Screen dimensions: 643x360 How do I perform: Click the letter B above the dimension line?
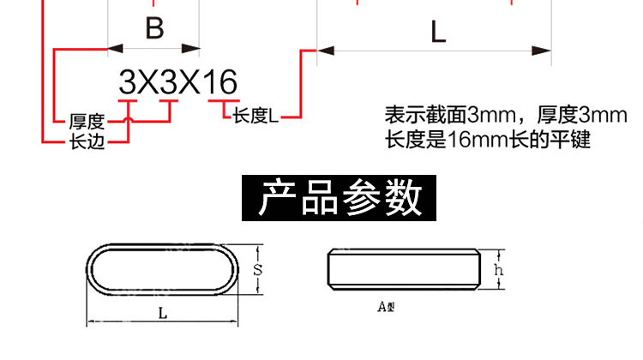pyautogui.click(x=154, y=29)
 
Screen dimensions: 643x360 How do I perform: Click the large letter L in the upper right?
pyautogui.click(x=438, y=33)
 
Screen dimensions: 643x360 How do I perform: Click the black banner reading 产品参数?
pyautogui.click(x=340, y=198)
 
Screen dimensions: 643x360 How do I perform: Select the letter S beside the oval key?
pyautogui.click(x=257, y=270)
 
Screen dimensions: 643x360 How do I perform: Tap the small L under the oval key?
pyautogui.click(x=163, y=314)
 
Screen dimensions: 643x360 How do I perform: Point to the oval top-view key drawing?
pyautogui.click(x=162, y=270)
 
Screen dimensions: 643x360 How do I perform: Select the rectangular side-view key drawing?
pyautogui.click(x=402, y=269)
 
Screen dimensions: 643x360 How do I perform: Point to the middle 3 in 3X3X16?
pyautogui.click(x=168, y=83)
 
